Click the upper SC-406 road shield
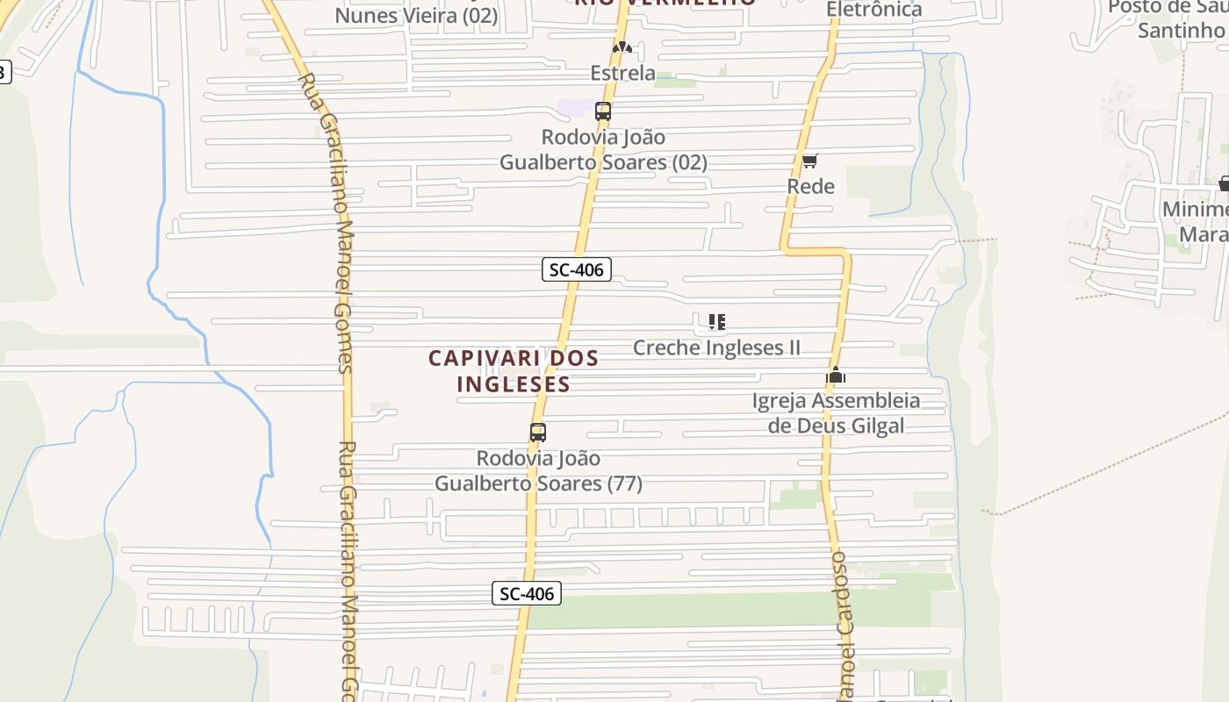point(576,269)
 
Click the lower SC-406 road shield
point(526,594)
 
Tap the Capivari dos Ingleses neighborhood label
point(514,371)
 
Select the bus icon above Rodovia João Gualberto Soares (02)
point(603,111)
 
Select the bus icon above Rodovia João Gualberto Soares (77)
point(538,432)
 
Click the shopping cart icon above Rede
point(809,161)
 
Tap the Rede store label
point(810,186)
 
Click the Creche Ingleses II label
point(716,347)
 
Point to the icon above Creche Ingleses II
point(716,322)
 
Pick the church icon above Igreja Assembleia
point(835,376)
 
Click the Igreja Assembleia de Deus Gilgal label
point(836,413)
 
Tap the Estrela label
point(622,73)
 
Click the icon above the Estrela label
point(622,47)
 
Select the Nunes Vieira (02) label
point(416,15)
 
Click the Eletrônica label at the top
point(874,10)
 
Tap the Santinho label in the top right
point(1180,30)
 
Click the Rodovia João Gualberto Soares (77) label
point(538,470)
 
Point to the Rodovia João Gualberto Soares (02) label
point(603,150)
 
